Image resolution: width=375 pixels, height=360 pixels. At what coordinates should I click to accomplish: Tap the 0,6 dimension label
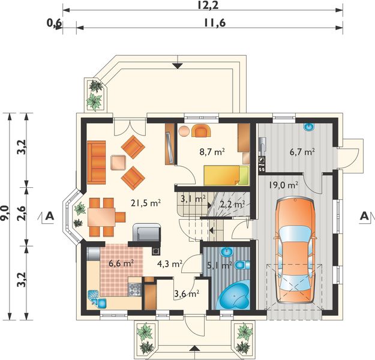pyautogui.click(x=54, y=23)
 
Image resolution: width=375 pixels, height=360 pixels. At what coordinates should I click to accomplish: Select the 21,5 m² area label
pyautogui.click(x=146, y=203)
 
